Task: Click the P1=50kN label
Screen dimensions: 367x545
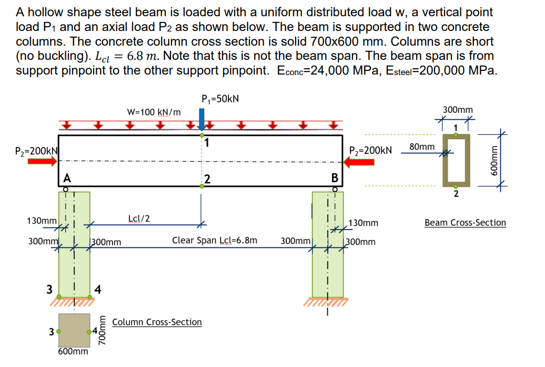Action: (220, 99)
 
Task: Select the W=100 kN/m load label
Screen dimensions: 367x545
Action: (154, 112)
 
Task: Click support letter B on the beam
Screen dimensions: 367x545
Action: (334, 177)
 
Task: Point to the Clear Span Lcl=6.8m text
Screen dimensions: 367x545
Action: (215, 240)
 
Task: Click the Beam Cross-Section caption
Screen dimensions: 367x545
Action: (465, 223)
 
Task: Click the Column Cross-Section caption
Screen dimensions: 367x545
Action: (157, 322)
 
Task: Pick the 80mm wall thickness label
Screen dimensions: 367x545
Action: (421, 146)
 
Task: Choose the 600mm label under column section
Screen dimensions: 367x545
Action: (73, 351)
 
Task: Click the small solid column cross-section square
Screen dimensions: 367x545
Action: (74, 330)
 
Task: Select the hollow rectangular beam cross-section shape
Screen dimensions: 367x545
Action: (456, 160)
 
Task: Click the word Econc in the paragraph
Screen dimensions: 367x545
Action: (295, 71)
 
